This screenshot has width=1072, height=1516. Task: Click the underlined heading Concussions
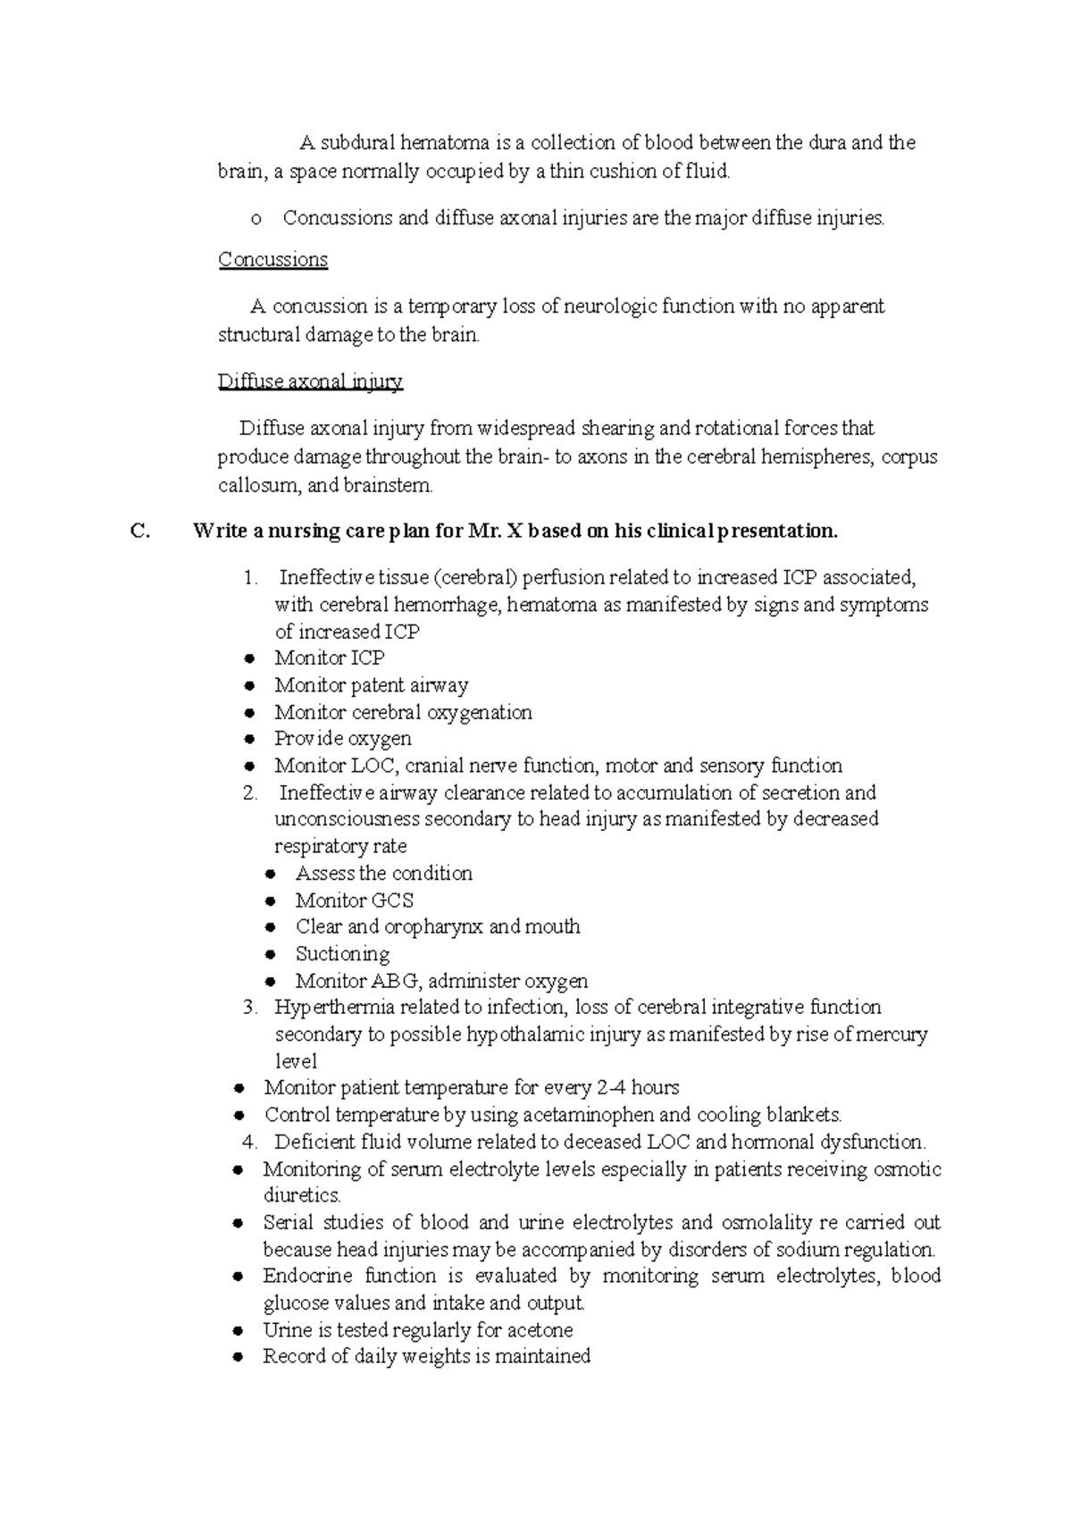pyautogui.click(x=273, y=260)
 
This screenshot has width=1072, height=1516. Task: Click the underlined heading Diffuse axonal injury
pyautogui.click(x=310, y=382)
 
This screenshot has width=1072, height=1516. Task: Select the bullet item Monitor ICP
pyautogui.click(x=329, y=658)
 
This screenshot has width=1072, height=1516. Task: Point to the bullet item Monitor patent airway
pyautogui.click(x=371, y=685)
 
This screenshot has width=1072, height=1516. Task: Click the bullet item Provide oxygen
pyautogui.click(x=343, y=739)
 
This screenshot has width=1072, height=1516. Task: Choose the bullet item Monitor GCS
pyautogui.click(x=355, y=900)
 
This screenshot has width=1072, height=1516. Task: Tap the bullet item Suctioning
pyautogui.click(x=342, y=954)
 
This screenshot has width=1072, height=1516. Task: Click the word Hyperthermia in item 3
pyautogui.click(x=329, y=1008)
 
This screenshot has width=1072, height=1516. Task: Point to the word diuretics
pyautogui.click(x=301, y=1195)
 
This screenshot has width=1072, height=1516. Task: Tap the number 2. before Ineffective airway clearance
pyautogui.click(x=250, y=792)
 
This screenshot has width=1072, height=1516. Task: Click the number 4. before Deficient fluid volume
pyautogui.click(x=250, y=1142)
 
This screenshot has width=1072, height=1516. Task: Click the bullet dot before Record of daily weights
pyautogui.click(x=239, y=1357)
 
